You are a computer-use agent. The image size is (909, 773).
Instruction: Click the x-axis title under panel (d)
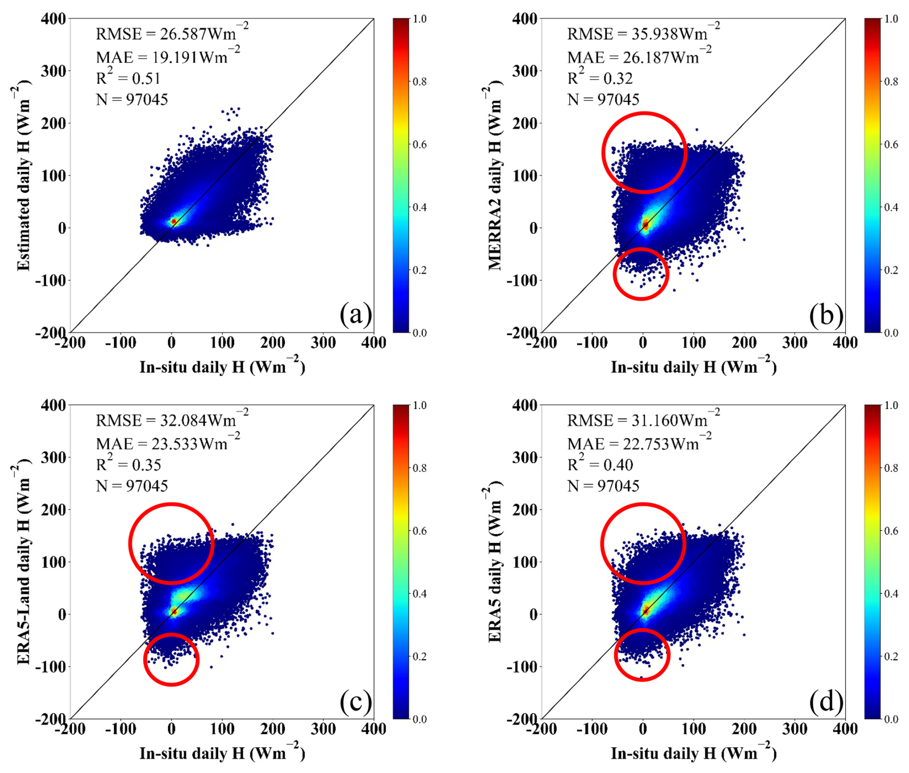[693, 753]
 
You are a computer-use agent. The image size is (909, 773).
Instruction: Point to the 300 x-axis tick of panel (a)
[323, 342]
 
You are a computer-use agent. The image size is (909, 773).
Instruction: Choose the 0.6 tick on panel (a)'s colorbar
[420, 145]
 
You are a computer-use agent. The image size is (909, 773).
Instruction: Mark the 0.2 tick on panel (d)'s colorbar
[891, 656]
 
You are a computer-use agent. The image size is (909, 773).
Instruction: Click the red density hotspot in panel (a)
[174, 221]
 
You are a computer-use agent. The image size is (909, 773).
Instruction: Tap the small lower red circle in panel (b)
[641, 274]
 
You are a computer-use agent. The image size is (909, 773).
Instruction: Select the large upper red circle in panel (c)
[171, 543]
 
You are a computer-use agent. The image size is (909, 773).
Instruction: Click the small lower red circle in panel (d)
[642, 654]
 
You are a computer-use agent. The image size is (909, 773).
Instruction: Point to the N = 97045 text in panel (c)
[132, 486]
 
